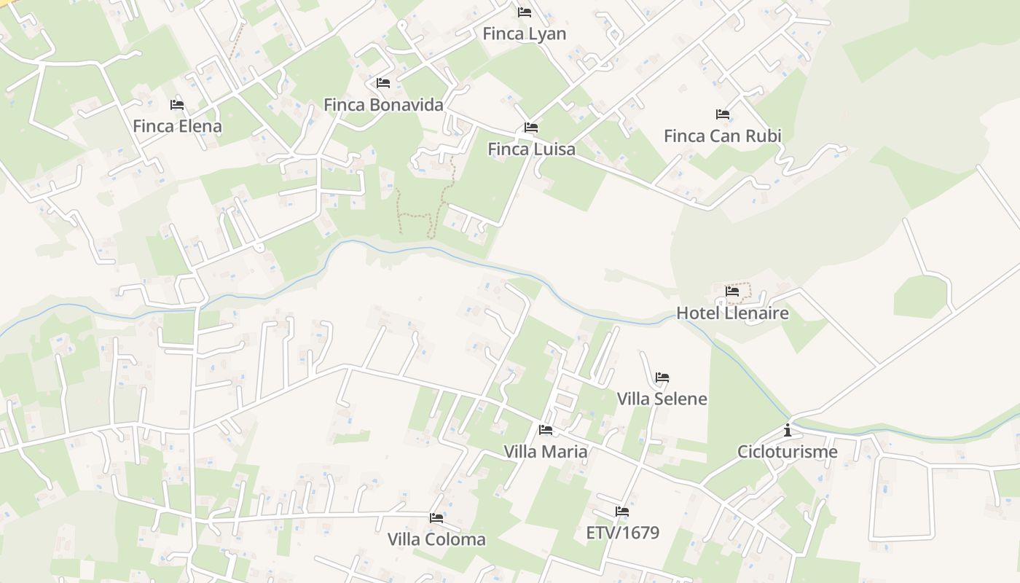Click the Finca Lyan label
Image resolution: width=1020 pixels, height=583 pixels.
(524, 34)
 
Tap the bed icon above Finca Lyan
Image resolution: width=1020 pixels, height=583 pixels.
(524, 12)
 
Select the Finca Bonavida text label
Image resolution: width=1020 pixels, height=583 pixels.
(383, 104)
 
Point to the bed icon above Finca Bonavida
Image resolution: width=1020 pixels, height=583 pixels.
(383, 83)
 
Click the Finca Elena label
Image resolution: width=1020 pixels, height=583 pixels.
(177, 126)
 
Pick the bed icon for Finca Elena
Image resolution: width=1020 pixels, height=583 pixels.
(177, 105)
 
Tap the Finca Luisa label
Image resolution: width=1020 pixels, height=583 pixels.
(531, 149)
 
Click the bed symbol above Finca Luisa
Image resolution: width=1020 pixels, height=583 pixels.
(531, 128)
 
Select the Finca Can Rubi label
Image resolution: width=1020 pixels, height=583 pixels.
(722, 136)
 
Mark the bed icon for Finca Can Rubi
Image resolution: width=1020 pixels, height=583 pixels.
(723, 114)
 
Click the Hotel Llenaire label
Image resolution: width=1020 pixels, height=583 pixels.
(732, 313)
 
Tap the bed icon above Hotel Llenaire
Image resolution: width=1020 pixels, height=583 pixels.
(732, 291)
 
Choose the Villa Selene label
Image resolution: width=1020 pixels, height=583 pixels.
(662, 399)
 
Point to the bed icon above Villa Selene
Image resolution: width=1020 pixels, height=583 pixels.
(662, 377)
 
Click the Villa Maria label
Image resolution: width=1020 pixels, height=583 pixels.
(545, 452)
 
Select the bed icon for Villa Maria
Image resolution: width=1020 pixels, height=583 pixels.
(545, 430)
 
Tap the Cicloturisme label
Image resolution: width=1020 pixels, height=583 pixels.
(787, 452)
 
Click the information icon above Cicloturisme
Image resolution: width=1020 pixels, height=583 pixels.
(787, 430)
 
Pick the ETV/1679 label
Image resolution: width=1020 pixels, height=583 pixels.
(622, 533)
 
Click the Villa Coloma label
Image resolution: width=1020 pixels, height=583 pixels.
(436, 539)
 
